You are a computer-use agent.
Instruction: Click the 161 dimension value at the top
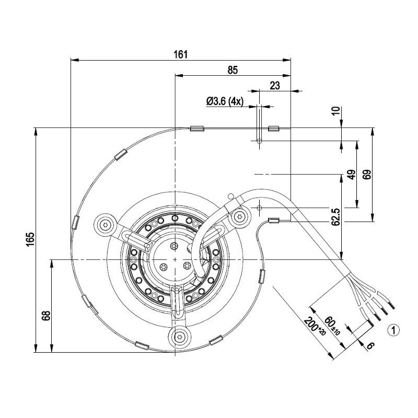pyautogui.click(x=181, y=54)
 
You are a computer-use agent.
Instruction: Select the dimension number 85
pyautogui.click(x=233, y=70)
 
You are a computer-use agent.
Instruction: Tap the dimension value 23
pyautogui.click(x=275, y=86)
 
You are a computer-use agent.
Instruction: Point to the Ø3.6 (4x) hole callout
pyautogui.click(x=225, y=101)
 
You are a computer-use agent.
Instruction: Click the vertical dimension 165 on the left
pyautogui.click(x=31, y=239)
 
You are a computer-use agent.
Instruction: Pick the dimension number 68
pyautogui.click(x=47, y=316)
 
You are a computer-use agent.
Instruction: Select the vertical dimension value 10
pyautogui.click(x=336, y=110)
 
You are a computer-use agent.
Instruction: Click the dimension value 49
pyautogui.click(x=352, y=175)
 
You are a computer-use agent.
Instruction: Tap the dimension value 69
pyautogui.click(x=367, y=175)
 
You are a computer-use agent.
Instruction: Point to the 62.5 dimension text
pyautogui.click(x=336, y=217)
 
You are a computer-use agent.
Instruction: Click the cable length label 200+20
pyautogui.click(x=315, y=326)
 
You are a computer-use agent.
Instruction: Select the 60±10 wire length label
pyautogui.click(x=332, y=326)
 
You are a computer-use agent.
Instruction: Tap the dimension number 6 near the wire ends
pyautogui.click(x=370, y=346)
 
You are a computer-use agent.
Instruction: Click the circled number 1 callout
pyautogui.click(x=393, y=330)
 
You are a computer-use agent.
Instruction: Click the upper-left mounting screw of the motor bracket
pyautogui.click(x=106, y=225)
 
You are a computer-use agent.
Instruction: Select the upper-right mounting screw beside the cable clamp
pyautogui.click(x=239, y=216)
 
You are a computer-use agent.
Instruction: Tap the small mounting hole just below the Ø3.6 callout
pyautogui.click(x=259, y=141)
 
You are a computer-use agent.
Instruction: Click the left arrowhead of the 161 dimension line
pyautogui.click(x=75, y=60)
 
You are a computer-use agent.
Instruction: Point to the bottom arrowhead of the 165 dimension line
pyautogui.click(x=36, y=348)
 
